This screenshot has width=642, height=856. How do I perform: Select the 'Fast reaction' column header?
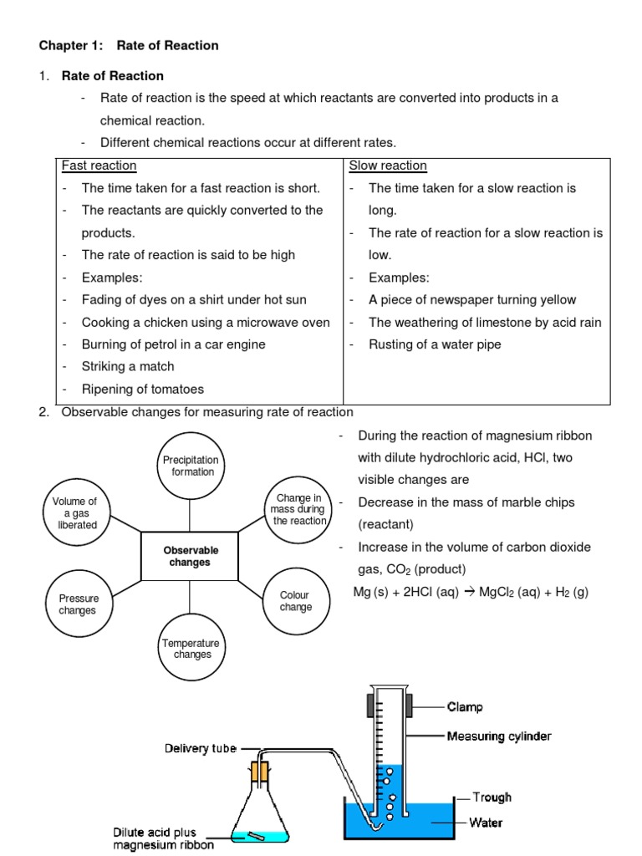[x=99, y=166]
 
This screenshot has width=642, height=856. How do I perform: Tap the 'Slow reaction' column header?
[x=388, y=166]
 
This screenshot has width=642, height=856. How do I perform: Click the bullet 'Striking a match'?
[x=128, y=366]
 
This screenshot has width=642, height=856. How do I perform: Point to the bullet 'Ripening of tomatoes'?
[x=142, y=389]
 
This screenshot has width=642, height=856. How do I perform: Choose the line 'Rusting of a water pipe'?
[x=436, y=344]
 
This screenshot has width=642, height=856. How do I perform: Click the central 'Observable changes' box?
[x=191, y=556]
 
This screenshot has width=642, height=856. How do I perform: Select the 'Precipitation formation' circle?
[x=191, y=466]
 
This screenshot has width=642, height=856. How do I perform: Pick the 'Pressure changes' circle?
[x=78, y=604]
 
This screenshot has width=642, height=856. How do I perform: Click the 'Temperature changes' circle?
[x=191, y=649]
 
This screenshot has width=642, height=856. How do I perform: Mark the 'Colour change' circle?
[x=295, y=601]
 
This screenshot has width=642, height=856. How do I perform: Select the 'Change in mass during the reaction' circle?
[x=298, y=509]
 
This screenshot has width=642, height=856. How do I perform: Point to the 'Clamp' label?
[x=465, y=707]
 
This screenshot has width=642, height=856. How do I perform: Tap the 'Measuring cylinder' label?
[x=498, y=736]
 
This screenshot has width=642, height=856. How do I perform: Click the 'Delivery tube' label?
[x=200, y=748]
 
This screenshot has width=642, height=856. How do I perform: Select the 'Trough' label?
[x=492, y=797]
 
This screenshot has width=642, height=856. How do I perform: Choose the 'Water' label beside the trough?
[x=486, y=823]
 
